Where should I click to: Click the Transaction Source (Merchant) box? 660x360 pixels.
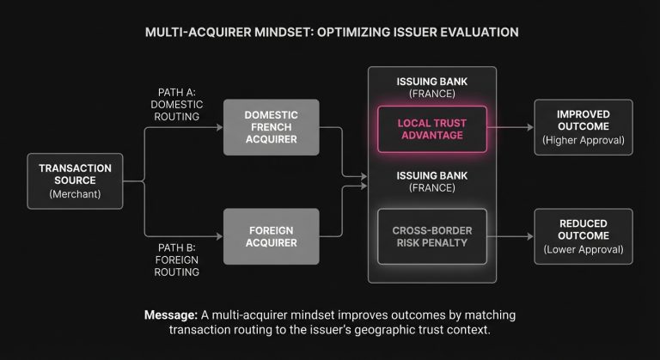(75, 180)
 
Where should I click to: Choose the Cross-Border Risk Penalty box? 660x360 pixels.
(431, 235)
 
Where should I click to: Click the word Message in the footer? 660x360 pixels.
(167, 314)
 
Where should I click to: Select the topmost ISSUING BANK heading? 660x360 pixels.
(431, 82)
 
